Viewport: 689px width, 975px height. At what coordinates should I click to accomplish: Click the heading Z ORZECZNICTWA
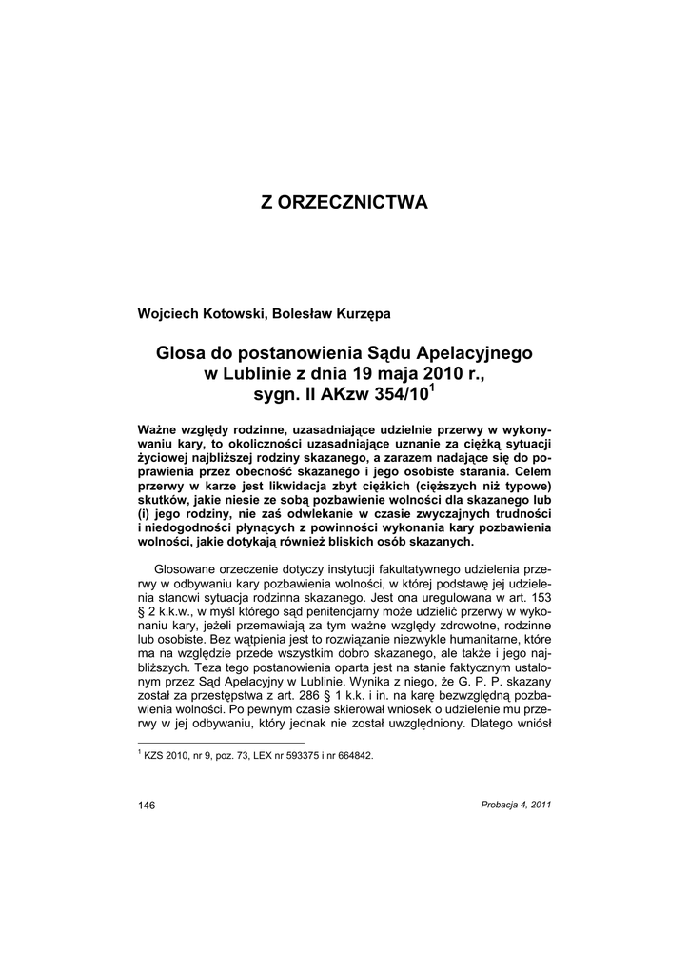(x=344, y=203)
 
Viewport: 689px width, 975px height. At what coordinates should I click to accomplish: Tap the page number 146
(x=147, y=805)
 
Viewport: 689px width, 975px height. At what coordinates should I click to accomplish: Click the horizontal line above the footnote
(x=221, y=742)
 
